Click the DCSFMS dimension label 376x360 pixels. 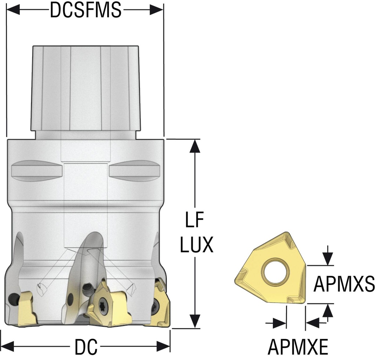pos(86,10)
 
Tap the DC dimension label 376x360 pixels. pos(86,347)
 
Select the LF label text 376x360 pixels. pos(195,219)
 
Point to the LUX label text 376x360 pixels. pos(197,245)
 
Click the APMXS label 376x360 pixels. pos(344,284)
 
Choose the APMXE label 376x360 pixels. pos(298,347)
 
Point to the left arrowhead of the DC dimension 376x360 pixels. pos(7,346)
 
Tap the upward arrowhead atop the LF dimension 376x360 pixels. pos(195,146)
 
